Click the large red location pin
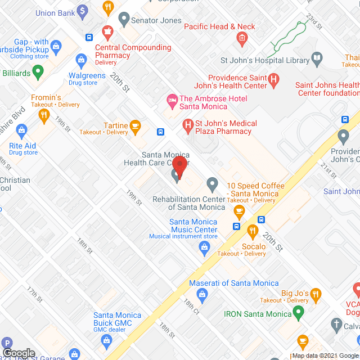(179, 166)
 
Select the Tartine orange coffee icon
(135, 126)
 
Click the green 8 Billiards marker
(38, 71)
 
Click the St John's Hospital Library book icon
(317, 58)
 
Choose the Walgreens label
(87, 76)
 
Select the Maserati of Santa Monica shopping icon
(201, 293)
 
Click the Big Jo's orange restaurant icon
(316, 293)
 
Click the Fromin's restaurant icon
(44, 116)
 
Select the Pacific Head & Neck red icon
(242, 39)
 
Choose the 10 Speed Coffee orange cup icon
(239, 211)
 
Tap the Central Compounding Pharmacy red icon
(105, 31)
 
